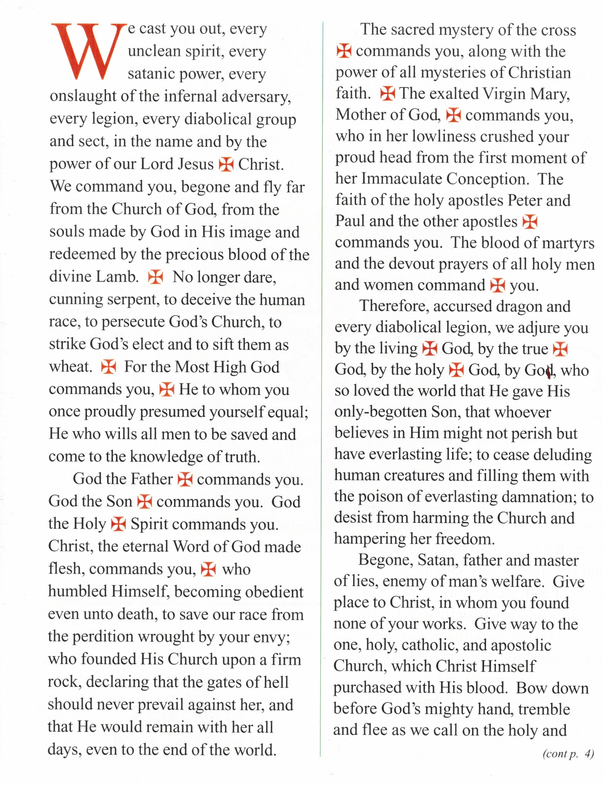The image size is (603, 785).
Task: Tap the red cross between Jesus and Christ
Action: pyautogui.click(x=226, y=164)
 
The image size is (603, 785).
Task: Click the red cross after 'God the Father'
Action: pyautogui.click(x=185, y=479)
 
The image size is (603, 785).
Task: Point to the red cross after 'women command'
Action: pyautogui.click(x=498, y=286)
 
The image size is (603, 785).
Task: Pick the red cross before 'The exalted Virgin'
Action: pyautogui.click(x=388, y=94)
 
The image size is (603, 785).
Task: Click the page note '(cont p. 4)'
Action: pyautogui.click(x=568, y=754)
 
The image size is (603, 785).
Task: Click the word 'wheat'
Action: pyautogui.click(x=70, y=367)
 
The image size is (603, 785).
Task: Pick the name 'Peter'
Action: pyautogui.click(x=524, y=200)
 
